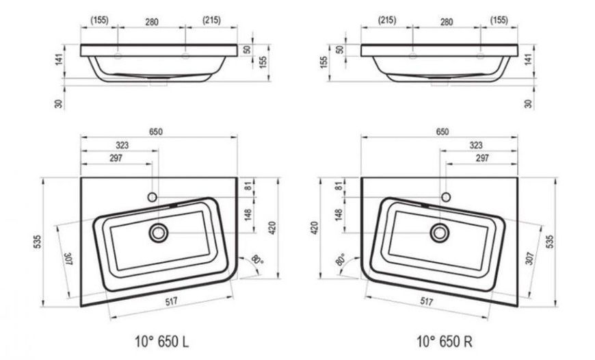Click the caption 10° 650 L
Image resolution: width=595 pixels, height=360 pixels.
click(x=161, y=342)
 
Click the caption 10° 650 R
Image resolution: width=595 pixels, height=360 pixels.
click(x=445, y=342)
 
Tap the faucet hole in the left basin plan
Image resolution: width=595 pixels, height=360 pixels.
click(x=152, y=197)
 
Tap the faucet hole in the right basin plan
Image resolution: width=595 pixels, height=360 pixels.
click(x=446, y=197)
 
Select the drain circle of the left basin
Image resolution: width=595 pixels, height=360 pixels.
click(x=159, y=233)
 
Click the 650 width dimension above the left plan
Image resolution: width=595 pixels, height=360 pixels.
click(x=155, y=132)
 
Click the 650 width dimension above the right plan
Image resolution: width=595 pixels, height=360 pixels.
click(x=442, y=132)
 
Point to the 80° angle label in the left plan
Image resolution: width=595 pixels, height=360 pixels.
click(x=257, y=260)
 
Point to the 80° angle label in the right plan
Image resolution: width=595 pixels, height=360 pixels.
click(x=341, y=260)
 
